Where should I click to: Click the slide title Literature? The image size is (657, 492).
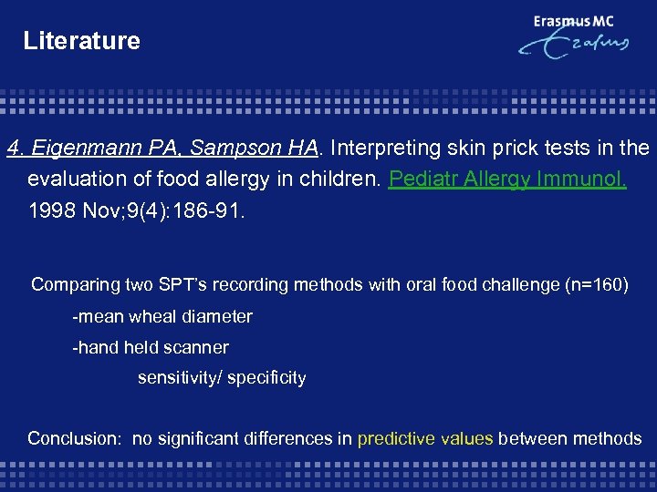coord(81,41)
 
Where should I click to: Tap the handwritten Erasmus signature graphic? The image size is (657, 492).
coord(572,47)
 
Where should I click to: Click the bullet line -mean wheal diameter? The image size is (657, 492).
coord(162,317)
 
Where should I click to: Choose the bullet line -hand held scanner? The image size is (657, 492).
coord(151,347)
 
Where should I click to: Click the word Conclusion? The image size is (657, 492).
coord(74,438)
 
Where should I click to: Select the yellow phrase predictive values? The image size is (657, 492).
coord(425,438)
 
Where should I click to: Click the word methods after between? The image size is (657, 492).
coord(607,438)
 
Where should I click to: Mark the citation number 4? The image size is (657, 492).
coord(14,148)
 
